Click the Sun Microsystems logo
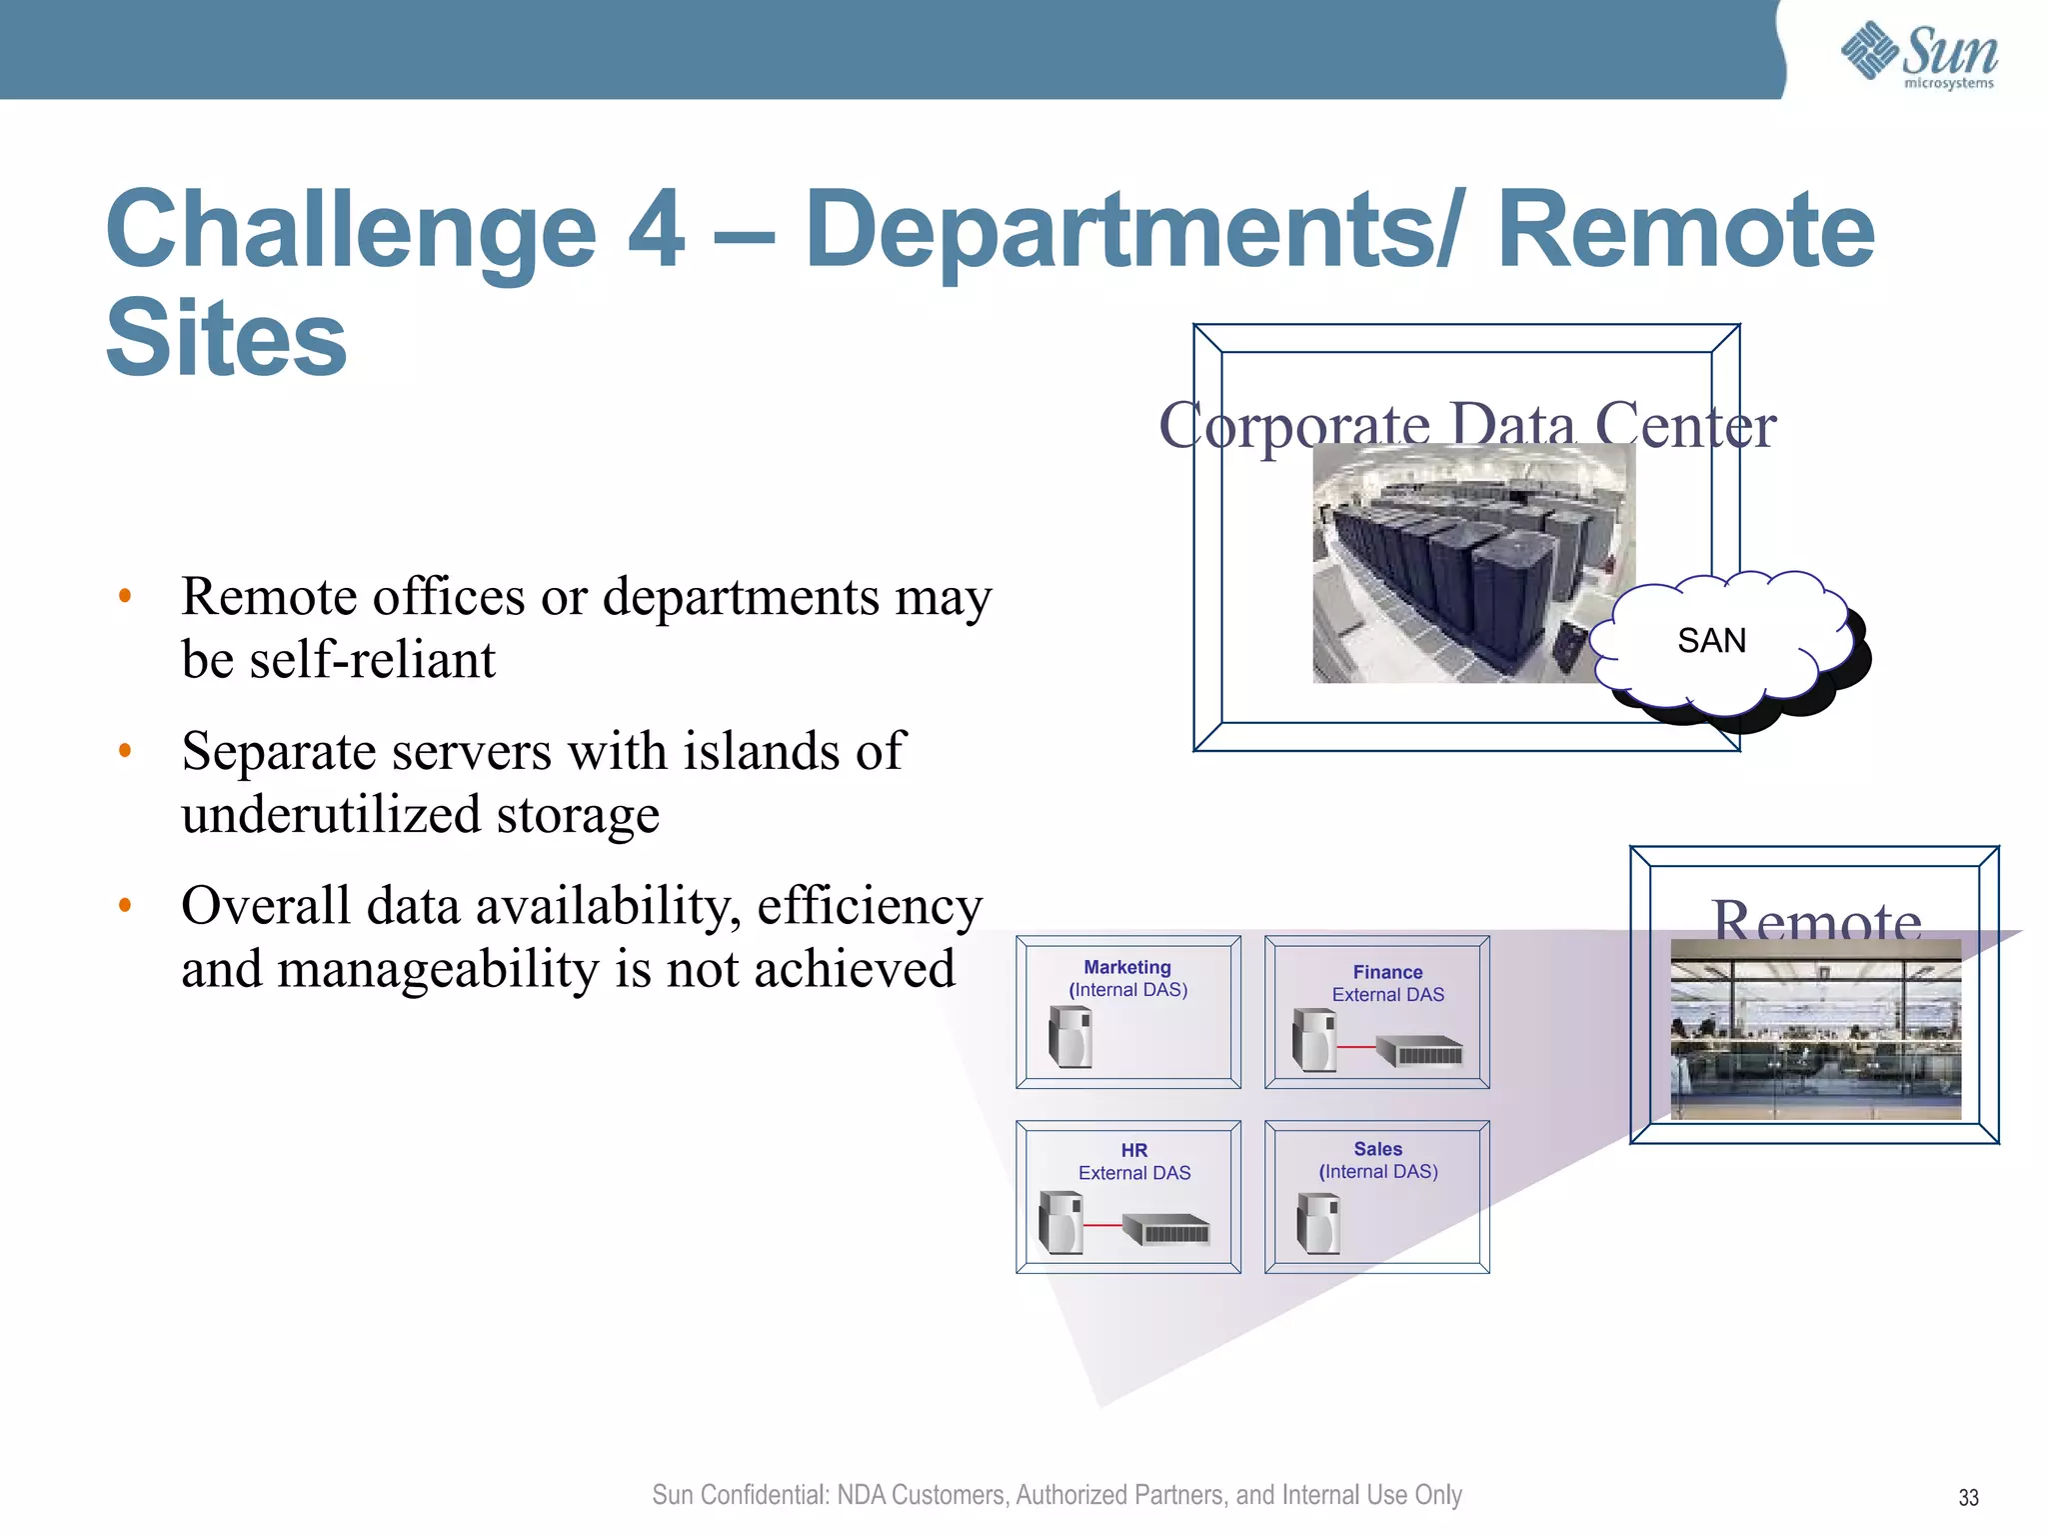click(1919, 55)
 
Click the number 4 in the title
click(657, 231)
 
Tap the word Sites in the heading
click(226, 340)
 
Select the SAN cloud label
click(1711, 641)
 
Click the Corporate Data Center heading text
click(1466, 425)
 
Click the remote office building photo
click(1815, 1030)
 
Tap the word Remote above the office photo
click(1816, 918)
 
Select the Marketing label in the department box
click(1127, 967)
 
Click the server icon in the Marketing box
click(1070, 1037)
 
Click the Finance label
click(1387, 972)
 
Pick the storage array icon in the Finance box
click(1420, 1052)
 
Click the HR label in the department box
click(1133, 1150)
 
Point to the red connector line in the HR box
click(1102, 1225)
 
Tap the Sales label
click(1377, 1149)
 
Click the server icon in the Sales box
click(1318, 1223)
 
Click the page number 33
click(1968, 1497)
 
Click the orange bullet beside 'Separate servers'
click(125, 751)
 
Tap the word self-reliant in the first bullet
click(372, 660)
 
